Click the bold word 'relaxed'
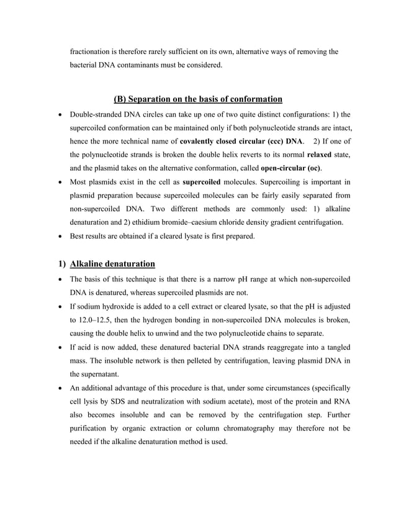click(320, 155)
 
